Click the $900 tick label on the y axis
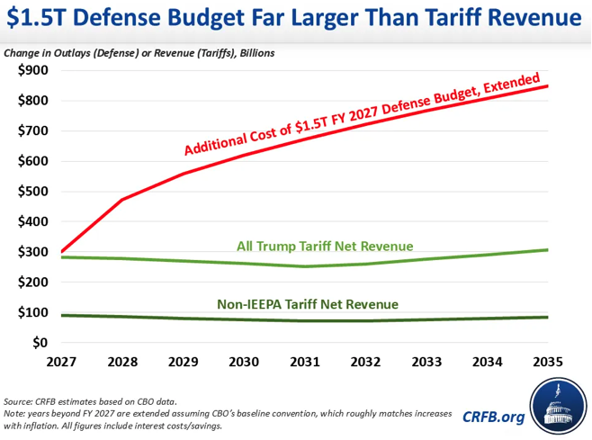(33, 70)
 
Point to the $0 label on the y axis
(40, 343)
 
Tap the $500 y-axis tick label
(33, 191)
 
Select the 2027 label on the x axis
(61, 362)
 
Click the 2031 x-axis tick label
(305, 362)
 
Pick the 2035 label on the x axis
(548, 362)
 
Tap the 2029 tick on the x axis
(184, 362)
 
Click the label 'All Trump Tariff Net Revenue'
(325, 247)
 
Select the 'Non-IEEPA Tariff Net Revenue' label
(308, 304)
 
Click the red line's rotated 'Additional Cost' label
(363, 114)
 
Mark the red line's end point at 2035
(547, 86)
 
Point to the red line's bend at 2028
(122, 200)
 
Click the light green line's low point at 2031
(305, 266)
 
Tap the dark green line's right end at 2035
(547, 318)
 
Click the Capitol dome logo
(559, 406)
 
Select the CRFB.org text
(493, 417)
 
